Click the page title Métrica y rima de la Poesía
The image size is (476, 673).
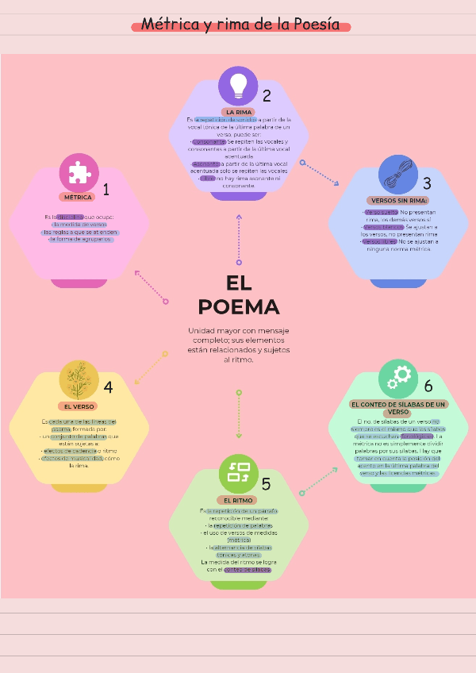tap(240, 25)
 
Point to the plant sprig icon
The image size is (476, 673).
tap(79, 379)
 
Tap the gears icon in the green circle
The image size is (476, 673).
tap(398, 378)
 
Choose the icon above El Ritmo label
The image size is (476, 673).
tap(238, 473)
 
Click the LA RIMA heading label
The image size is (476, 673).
tap(239, 113)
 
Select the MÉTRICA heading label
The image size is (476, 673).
tap(77, 197)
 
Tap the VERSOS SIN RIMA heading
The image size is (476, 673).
tap(399, 200)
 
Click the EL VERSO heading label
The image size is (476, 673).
tap(79, 406)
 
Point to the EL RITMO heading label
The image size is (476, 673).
tap(238, 501)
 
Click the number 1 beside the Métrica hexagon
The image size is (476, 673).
tap(106, 190)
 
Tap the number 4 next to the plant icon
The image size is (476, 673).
tap(108, 387)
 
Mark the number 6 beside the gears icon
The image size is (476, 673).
tap(428, 386)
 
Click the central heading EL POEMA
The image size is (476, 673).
tap(238, 295)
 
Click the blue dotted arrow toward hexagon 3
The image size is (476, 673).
tap(321, 173)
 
